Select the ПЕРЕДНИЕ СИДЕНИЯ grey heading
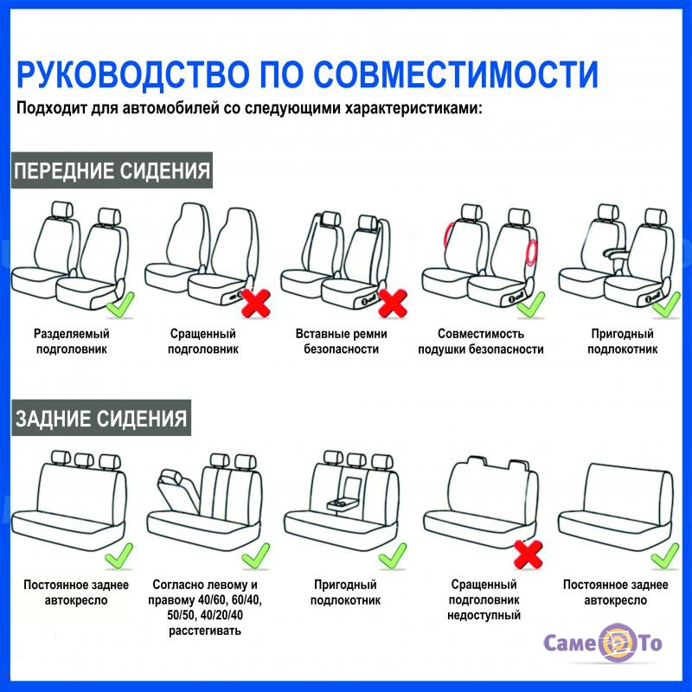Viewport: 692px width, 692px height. (x=112, y=170)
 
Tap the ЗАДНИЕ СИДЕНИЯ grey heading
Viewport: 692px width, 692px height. (x=101, y=419)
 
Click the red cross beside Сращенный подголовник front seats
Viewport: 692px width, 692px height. (x=256, y=303)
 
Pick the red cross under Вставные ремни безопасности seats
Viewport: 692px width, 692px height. (x=393, y=303)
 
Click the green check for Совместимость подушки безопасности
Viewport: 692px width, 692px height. (x=531, y=304)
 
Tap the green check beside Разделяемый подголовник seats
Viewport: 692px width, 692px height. (x=120, y=304)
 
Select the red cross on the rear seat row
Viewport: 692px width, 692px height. (x=529, y=554)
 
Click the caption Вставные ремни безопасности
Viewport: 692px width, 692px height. (x=341, y=341)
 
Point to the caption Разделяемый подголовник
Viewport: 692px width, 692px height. (x=72, y=341)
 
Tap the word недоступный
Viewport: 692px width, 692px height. (x=484, y=615)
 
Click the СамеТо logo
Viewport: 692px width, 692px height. (x=602, y=643)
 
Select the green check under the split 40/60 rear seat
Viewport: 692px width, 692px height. (x=256, y=555)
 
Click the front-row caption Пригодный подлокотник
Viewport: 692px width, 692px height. (x=622, y=341)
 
